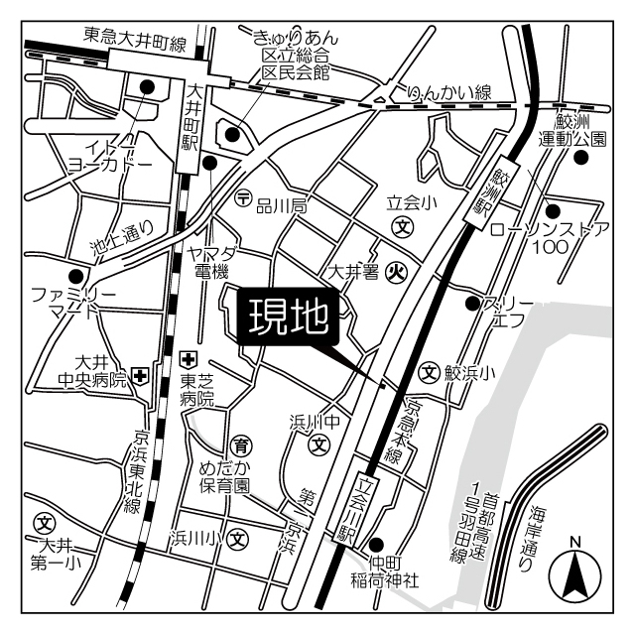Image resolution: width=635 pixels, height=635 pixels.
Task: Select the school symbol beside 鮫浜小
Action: tap(429, 372)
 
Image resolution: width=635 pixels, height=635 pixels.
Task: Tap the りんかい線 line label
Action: tap(449, 92)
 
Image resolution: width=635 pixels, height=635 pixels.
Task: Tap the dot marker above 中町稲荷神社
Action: tap(376, 543)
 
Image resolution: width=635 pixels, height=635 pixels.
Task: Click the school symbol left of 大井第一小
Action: tap(44, 523)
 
